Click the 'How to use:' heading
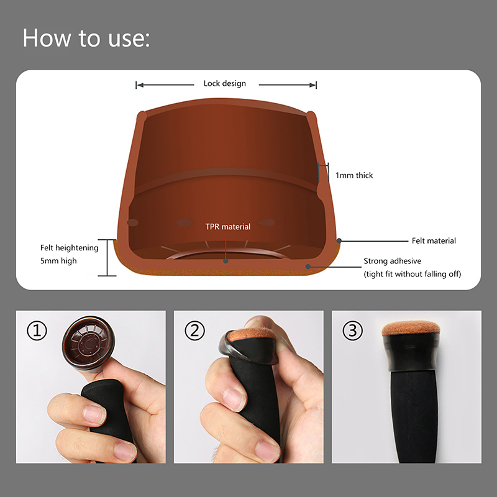[86, 38]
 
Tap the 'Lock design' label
[225, 83]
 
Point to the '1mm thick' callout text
[354, 175]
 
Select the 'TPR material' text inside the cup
[228, 227]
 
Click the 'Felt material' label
[434, 241]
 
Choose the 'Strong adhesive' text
[393, 261]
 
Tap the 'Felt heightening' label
[70, 248]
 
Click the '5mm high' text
[58, 261]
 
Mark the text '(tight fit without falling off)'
[413, 274]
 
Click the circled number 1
[37, 331]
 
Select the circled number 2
[194, 331]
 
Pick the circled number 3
[352, 331]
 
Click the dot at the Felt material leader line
[339, 241]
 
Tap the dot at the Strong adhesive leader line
[308, 267]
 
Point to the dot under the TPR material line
[226, 261]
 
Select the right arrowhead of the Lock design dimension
[313, 85]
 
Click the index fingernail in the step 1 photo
[94, 414]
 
